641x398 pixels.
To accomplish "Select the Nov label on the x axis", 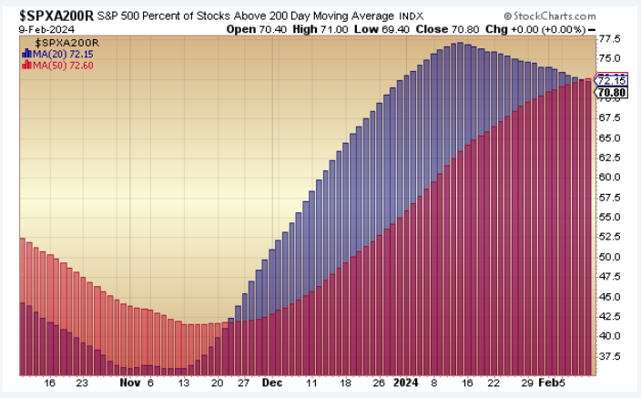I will pos(129,383).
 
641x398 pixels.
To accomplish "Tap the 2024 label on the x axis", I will pos(406,383).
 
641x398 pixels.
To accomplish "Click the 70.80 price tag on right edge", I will pos(608,92).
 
